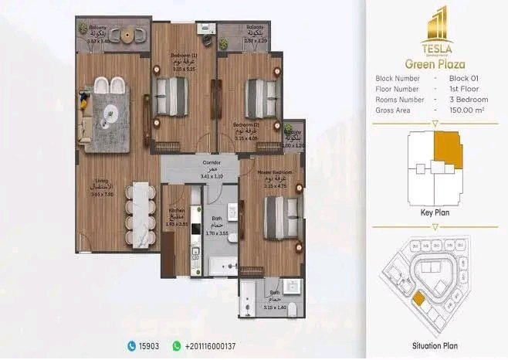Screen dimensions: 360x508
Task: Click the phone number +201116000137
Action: (x=210, y=346)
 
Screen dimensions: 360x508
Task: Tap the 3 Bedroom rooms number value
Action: (x=466, y=100)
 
